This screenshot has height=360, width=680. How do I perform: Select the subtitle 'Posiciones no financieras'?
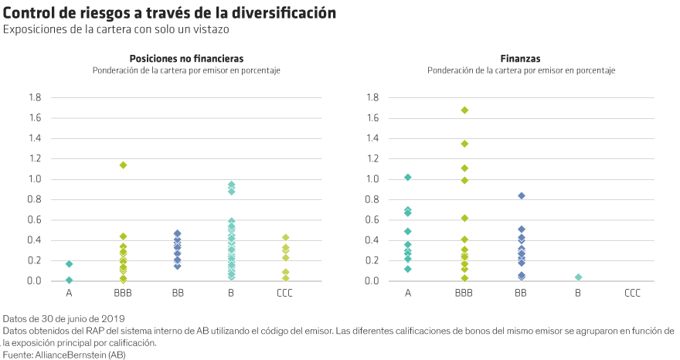pos(185,59)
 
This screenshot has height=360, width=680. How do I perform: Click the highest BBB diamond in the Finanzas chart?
pos(464,110)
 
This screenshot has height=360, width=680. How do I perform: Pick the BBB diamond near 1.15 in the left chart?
pos(123,165)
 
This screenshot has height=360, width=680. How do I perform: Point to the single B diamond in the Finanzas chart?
pos(578,277)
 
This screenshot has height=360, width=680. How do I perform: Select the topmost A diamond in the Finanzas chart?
pos(408,178)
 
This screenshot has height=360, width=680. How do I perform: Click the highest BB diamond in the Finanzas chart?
pos(522,195)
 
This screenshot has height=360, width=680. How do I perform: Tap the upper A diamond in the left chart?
pos(70,264)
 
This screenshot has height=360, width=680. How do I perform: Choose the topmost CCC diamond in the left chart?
pos(285,237)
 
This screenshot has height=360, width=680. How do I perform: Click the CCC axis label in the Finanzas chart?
pos(632,294)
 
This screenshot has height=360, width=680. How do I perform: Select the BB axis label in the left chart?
pos(177,294)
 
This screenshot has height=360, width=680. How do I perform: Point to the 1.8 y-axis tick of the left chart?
pos(35,98)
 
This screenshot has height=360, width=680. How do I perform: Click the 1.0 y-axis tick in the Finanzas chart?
pos(373,179)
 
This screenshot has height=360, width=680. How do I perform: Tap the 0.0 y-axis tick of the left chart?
pos(35,280)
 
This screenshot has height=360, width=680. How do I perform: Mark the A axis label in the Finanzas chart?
pos(408,294)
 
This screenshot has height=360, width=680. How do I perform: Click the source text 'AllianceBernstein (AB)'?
pos(76,354)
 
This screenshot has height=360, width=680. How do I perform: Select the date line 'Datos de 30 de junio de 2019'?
pos(63,318)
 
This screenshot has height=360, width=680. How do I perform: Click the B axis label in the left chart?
pos(231,294)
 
